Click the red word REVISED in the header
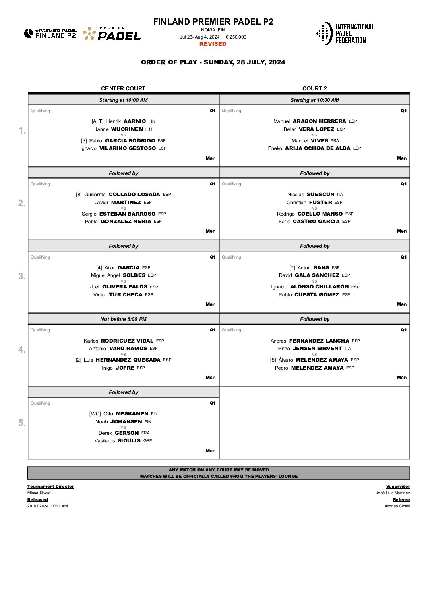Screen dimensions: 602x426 click(213, 44)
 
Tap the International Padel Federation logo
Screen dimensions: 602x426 click(341, 33)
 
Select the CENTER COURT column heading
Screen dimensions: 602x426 click(123, 88)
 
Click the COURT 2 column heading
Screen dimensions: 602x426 click(314, 88)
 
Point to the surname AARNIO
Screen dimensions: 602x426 click(134, 121)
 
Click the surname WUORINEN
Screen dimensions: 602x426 click(127, 129)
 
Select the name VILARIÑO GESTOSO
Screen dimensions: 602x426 click(128, 148)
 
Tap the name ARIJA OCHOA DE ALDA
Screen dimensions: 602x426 click(318, 148)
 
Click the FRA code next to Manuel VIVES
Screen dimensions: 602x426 click(335, 141)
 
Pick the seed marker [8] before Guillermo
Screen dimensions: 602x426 click(79, 195)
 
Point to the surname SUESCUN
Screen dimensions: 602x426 click(321, 195)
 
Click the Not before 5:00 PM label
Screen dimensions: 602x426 click(123, 319)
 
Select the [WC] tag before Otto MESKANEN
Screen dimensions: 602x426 click(95, 414)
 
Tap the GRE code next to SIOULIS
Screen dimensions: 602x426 click(147, 441)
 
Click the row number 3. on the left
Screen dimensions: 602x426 click(22, 276)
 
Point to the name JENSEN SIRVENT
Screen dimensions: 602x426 click(317, 349)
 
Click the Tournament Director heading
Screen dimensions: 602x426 click(50, 487)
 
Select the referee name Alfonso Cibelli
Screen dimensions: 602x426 click(397, 506)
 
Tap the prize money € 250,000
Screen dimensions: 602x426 click(236, 37)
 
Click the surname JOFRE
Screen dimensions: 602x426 click(125, 368)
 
